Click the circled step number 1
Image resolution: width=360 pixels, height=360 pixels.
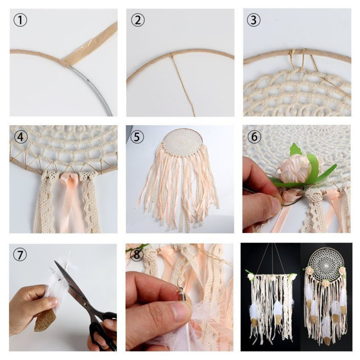pos(20,20)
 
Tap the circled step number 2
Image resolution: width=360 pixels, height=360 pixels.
pos(138,20)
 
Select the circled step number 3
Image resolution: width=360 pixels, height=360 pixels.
pos(254,20)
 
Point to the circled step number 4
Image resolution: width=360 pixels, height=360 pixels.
pos(21,137)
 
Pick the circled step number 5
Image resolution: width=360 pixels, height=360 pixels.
pos(137,137)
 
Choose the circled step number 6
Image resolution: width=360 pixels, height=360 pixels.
pos(254,137)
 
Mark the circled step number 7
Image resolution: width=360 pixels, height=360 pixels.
pos(20,255)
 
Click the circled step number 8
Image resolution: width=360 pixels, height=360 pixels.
pos(137,255)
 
